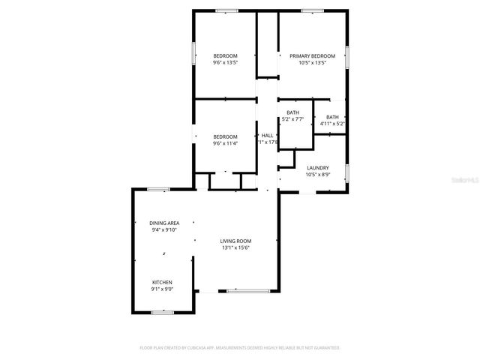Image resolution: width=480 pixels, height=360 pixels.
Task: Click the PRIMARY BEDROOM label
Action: (x=313, y=56)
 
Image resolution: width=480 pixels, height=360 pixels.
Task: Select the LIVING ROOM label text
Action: (x=235, y=241)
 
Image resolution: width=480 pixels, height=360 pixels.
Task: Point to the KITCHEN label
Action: (x=162, y=283)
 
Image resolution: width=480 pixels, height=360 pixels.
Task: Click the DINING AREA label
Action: (x=163, y=223)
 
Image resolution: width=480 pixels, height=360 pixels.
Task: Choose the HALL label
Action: (x=267, y=136)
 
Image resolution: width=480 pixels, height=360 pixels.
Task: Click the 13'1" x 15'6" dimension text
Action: (x=235, y=248)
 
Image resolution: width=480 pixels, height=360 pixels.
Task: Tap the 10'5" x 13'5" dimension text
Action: (x=313, y=63)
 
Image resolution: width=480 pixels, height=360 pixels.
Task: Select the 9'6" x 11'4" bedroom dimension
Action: (x=225, y=142)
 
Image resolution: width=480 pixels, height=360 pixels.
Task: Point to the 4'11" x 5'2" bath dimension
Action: (x=332, y=123)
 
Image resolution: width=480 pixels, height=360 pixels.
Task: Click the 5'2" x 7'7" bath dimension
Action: (x=292, y=118)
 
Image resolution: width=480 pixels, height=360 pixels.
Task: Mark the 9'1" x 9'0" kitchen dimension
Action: (x=162, y=289)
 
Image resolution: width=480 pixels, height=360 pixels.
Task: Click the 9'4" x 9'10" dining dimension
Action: (x=163, y=230)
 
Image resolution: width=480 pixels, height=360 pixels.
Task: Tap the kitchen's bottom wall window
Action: (x=163, y=311)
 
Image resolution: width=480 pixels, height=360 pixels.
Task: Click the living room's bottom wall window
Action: (x=248, y=291)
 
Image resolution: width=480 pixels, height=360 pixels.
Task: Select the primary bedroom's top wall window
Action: (x=313, y=10)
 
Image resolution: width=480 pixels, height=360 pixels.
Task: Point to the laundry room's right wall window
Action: (x=347, y=172)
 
